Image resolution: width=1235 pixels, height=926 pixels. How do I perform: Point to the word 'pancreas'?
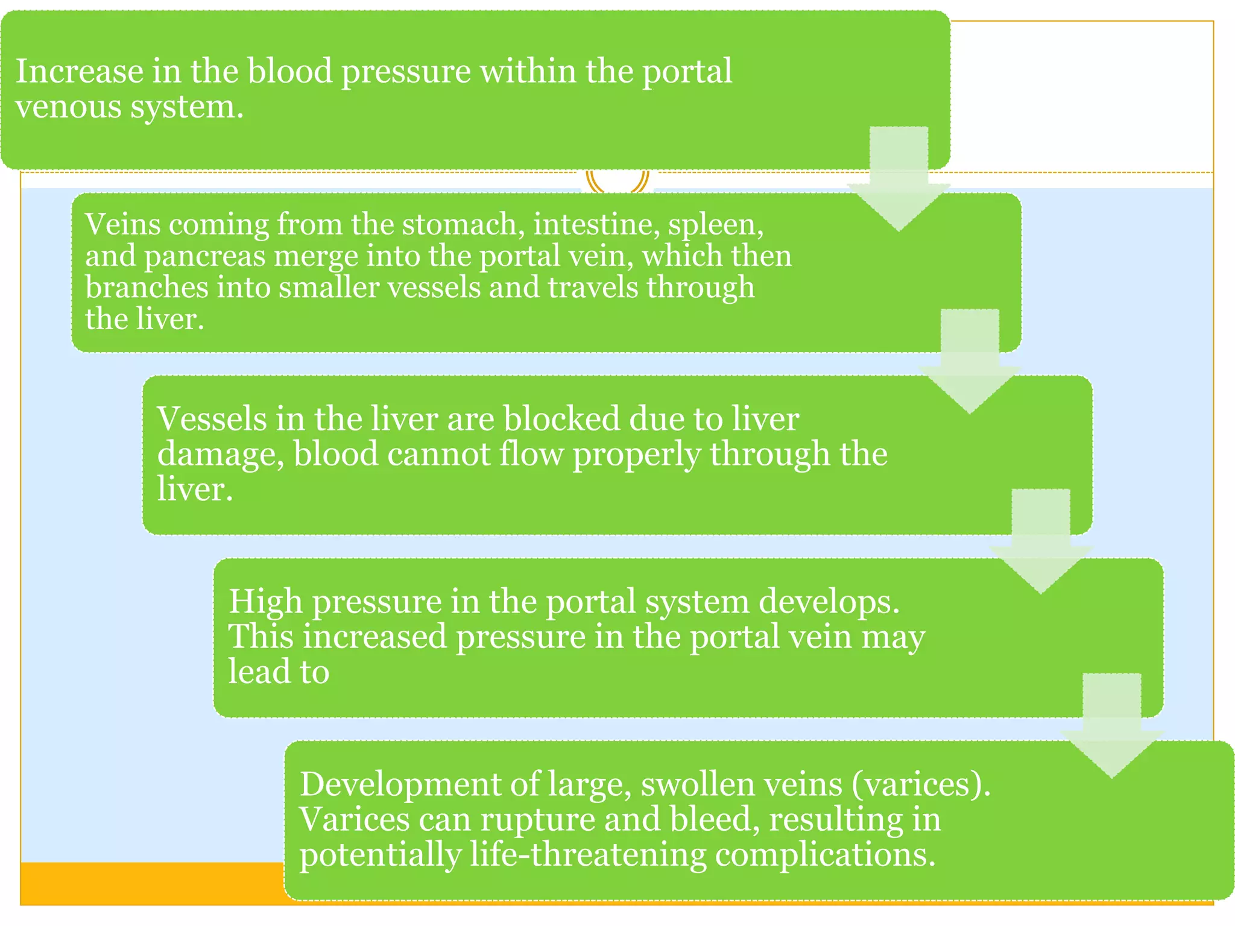pyautogui.click(x=204, y=256)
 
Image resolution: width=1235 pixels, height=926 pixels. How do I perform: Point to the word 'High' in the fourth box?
pyautogui.click(x=265, y=602)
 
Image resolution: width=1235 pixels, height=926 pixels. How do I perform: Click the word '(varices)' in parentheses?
pyautogui.click(x=920, y=784)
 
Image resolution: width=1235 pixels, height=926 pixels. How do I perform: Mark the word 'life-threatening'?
pyautogui.click(x=588, y=855)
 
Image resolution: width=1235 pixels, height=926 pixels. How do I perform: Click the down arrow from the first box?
pyautogui.click(x=899, y=181)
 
